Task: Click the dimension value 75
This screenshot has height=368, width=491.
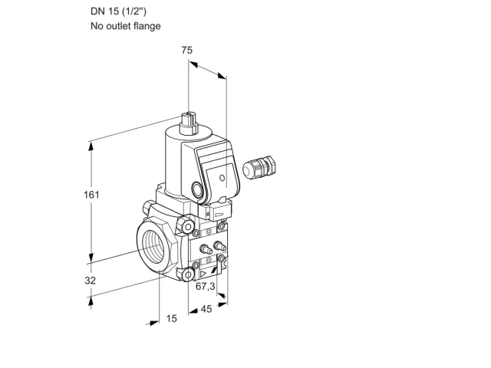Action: tap(187, 50)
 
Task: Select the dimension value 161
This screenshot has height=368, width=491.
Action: tap(91, 195)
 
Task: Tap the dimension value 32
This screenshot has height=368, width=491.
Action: tap(91, 281)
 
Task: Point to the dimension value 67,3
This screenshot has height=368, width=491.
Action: tap(206, 286)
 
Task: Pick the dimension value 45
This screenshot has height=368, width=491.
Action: tap(206, 309)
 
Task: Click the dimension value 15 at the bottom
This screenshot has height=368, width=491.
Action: tap(171, 319)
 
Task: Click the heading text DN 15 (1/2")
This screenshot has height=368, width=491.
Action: tap(118, 11)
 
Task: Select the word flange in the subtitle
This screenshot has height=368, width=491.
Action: tap(147, 25)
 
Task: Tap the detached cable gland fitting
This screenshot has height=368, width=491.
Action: tap(259, 167)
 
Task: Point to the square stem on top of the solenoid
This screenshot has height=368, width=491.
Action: tap(189, 123)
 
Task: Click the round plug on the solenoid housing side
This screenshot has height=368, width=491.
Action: tap(198, 189)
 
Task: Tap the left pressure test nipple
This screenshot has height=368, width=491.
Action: tap(206, 249)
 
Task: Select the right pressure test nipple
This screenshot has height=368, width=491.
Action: tap(219, 246)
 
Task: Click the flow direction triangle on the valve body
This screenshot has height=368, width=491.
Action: tap(203, 274)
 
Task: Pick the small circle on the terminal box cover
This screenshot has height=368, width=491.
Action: tap(222, 178)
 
